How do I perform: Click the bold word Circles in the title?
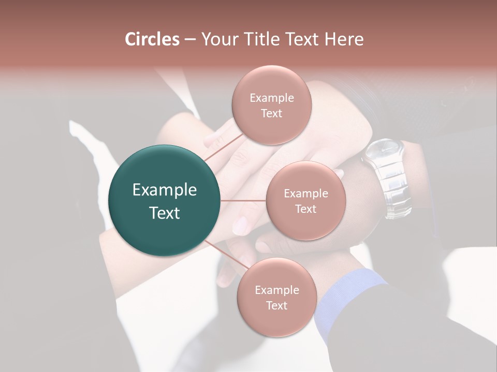(152, 39)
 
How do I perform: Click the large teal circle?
(165, 200)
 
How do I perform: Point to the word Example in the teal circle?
(165, 190)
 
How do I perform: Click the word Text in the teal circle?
(165, 213)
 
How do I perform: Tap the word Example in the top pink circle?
(271, 98)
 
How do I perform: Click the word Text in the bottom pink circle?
(276, 306)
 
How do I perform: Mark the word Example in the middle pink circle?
(305, 194)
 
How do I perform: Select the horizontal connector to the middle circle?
(243, 200)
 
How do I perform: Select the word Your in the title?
(218, 39)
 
